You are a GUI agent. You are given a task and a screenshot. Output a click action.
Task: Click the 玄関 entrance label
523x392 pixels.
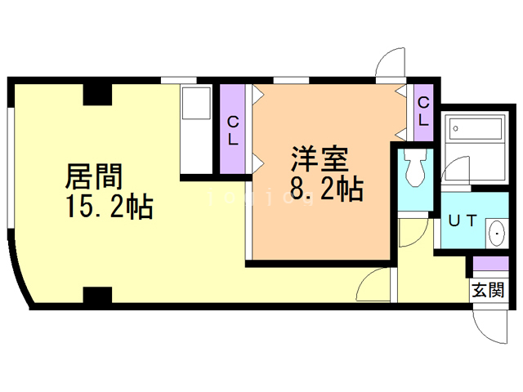coord(487,289)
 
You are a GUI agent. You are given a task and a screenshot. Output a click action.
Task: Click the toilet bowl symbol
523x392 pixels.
coord(414,170)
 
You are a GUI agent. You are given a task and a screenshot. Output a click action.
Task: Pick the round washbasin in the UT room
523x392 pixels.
coord(496,234)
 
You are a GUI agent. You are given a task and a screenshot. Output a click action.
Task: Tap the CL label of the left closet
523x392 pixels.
coord(234,130)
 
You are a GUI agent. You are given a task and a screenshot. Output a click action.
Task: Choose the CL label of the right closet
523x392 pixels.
coord(423,111)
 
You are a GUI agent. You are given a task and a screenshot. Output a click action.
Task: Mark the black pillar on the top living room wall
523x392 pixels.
coord(97,93)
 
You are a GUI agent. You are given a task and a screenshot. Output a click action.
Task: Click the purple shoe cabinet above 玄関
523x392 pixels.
coord(487,265)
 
